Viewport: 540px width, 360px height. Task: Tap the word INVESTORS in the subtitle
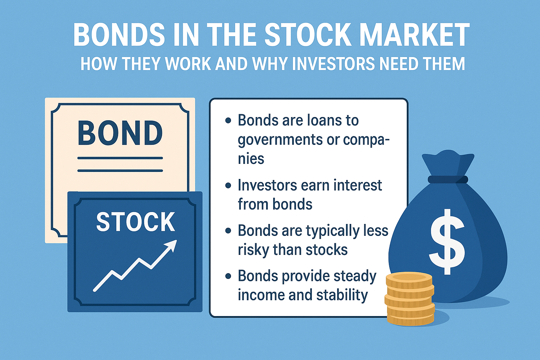click(333, 64)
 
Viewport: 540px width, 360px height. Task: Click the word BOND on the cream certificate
click(120, 133)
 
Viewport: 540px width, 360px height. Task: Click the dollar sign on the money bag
click(448, 242)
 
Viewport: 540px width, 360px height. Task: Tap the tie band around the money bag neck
click(448, 180)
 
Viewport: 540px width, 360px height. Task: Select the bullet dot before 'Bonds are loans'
click(228, 121)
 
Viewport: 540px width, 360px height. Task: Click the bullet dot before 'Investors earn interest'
click(228, 185)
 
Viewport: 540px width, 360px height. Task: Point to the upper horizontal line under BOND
click(120, 158)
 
